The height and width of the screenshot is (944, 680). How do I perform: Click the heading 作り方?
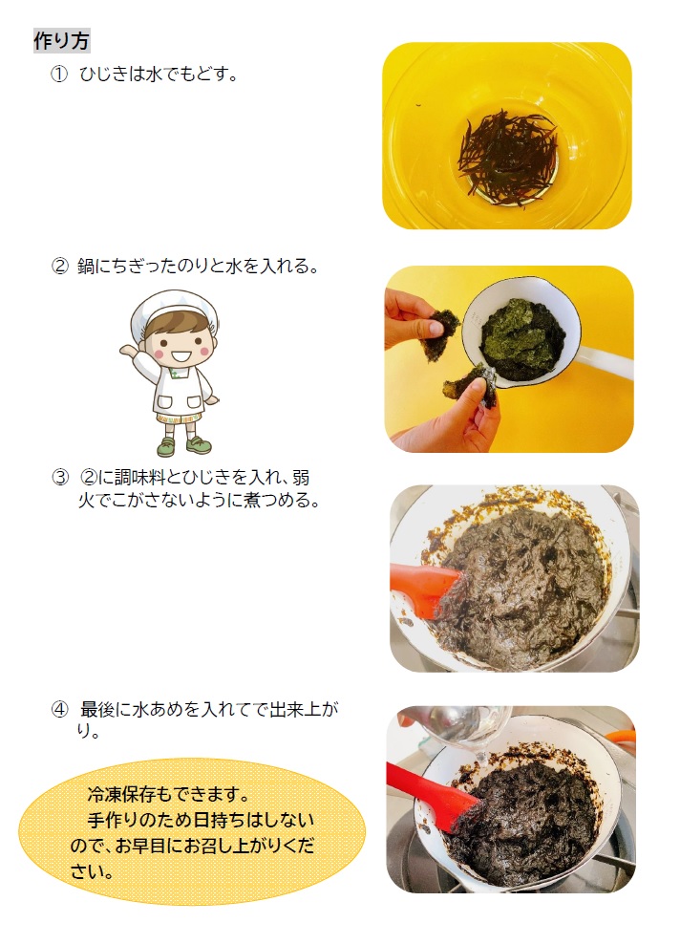[61, 41]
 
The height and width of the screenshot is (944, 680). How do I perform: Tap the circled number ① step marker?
[59, 75]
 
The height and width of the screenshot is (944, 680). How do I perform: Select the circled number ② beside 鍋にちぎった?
[59, 267]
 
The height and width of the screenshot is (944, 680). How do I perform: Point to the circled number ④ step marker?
[59, 710]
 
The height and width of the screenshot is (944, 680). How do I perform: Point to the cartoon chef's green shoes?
[183, 445]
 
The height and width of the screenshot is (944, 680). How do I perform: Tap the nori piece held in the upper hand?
[439, 333]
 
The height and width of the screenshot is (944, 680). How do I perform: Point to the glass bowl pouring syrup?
[460, 728]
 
